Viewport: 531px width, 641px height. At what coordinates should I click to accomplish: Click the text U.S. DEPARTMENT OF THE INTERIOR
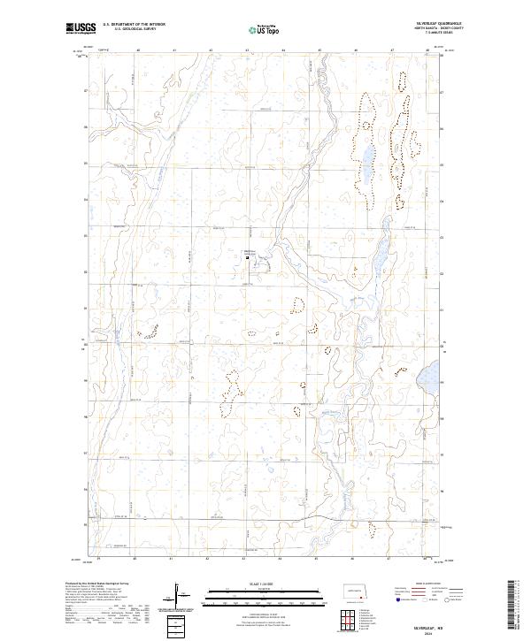click(134, 25)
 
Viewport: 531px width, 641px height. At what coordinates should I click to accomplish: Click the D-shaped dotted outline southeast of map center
click(296, 305)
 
